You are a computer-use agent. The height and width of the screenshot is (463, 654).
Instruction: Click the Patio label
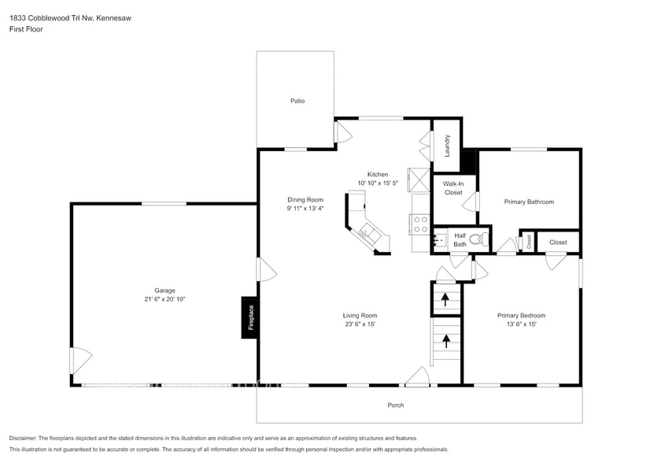297,101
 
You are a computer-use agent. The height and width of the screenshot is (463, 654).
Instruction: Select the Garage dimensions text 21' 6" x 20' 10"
164,299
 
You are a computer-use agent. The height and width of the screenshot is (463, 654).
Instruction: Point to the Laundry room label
447,145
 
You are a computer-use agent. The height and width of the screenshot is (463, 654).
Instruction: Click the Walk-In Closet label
453,188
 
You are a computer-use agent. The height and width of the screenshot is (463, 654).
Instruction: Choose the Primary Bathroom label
529,202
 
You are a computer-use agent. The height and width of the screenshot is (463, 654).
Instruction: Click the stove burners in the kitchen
420,224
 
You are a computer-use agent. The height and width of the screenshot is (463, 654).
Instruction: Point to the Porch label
395,405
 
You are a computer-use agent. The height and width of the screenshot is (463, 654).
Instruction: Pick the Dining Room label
305,199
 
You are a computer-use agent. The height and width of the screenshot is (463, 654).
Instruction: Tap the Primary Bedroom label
520,315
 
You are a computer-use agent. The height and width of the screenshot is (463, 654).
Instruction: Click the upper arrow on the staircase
445,299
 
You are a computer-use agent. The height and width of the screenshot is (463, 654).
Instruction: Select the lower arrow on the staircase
446,341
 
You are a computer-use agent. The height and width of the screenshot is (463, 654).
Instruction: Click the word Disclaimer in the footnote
26,438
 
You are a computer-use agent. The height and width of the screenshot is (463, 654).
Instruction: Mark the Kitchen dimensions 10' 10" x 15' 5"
378,183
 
